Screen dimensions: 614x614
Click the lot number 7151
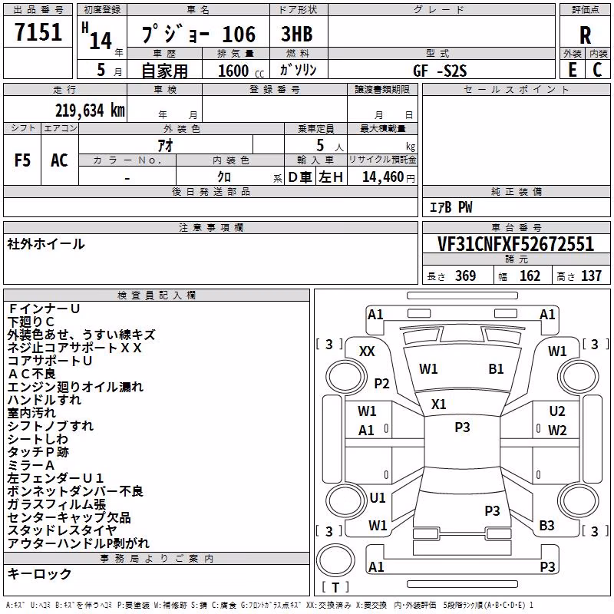(x=38, y=32)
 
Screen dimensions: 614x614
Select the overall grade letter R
(x=585, y=35)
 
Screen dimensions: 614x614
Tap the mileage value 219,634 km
(x=90, y=111)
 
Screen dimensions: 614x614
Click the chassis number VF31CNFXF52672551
(x=516, y=244)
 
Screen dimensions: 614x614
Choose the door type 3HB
(x=297, y=34)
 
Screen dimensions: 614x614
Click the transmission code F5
(x=22, y=160)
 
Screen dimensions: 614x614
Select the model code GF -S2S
(x=440, y=71)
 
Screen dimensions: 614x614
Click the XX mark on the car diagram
(x=367, y=352)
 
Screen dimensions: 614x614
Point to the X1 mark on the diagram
(x=438, y=404)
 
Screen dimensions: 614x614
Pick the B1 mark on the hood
(x=496, y=369)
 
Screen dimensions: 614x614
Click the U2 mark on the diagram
(x=557, y=411)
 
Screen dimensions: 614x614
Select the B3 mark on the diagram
(x=546, y=525)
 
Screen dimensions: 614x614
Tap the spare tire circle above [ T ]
(x=335, y=561)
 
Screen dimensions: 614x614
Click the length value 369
(x=465, y=276)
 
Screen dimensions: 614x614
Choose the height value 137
(x=591, y=276)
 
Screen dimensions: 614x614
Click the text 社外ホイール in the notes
(x=46, y=244)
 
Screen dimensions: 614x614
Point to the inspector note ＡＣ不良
(x=31, y=374)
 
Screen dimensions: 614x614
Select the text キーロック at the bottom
(x=40, y=573)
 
